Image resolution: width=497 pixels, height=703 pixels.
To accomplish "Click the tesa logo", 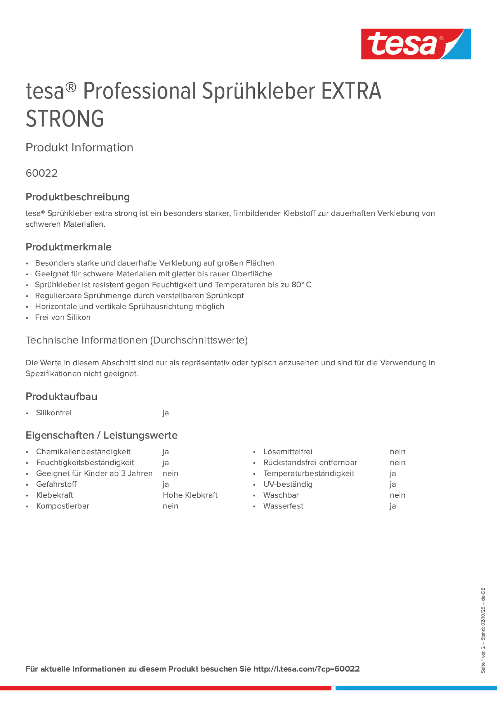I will tap(416, 44).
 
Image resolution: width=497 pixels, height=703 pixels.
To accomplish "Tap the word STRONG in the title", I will tap(65, 119).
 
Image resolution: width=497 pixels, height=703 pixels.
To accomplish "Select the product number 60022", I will tap(42, 173).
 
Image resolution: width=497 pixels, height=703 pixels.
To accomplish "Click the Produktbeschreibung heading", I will tap(77, 197).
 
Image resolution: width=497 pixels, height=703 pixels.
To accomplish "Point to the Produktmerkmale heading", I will tap(69, 247).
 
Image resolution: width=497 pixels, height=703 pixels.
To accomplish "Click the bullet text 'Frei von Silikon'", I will tap(63, 317).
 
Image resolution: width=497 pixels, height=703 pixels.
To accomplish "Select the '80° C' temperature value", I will tap(301, 285).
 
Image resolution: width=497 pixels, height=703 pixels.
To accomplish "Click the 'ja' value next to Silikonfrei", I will tap(165, 413).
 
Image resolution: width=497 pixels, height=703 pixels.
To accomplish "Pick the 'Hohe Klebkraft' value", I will tap(190, 495).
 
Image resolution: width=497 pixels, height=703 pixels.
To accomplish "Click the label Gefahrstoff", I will tap(56, 484).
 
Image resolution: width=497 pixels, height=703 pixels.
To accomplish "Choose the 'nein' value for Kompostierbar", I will tap(170, 506).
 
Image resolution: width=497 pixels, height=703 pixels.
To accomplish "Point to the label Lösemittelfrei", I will tap(288, 452).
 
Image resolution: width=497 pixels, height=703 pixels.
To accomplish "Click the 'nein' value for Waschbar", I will tap(397, 495).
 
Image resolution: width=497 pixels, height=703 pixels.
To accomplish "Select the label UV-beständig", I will tap(288, 484).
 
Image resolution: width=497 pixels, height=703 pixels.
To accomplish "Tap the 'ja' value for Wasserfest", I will tap(392, 506).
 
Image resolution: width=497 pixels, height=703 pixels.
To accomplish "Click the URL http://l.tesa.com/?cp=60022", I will tap(306, 669).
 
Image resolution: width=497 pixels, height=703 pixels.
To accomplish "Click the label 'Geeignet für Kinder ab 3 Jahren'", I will tap(94, 473).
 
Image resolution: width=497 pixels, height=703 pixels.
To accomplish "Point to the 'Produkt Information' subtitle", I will tap(79, 147).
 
